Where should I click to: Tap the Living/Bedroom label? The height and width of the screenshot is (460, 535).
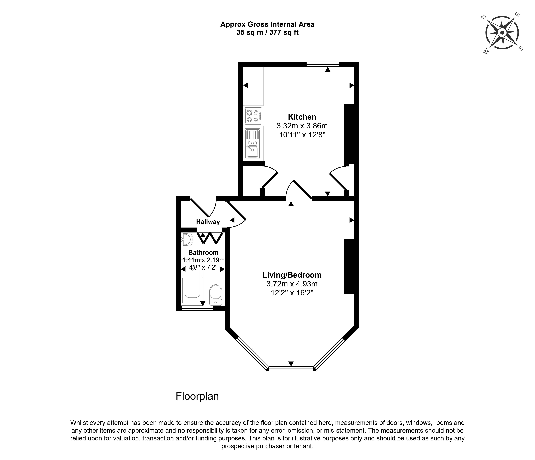point(292,275)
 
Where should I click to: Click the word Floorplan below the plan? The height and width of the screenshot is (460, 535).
point(197,396)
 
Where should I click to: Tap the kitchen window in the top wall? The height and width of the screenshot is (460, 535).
point(322,64)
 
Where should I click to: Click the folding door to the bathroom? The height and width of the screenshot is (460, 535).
point(210,238)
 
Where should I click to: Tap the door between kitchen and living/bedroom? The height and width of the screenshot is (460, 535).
point(299,190)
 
